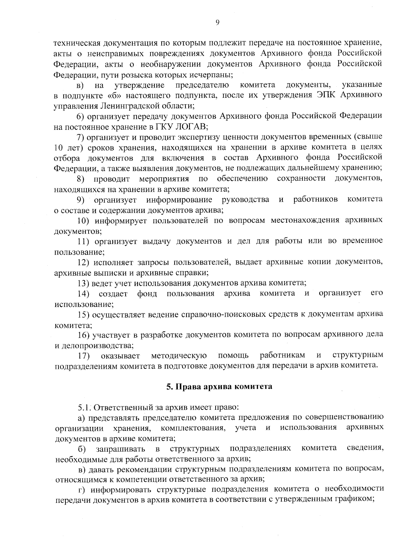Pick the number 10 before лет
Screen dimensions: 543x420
click(x=59, y=147)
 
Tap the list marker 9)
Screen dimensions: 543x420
click(x=81, y=199)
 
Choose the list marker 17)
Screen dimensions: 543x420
click(x=83, y=356)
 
